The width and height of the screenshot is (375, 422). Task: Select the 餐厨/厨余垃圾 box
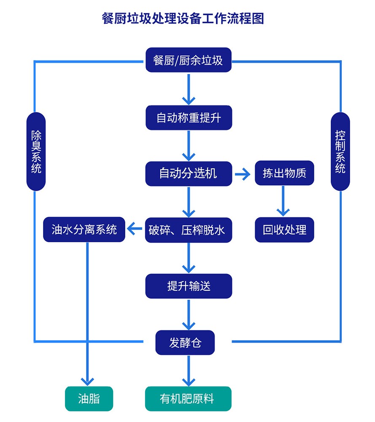188,60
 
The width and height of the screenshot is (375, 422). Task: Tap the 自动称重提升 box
189,117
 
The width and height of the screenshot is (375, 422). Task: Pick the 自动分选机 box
189,173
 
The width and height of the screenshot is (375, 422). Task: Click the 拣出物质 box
284,173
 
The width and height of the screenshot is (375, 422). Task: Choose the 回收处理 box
284,230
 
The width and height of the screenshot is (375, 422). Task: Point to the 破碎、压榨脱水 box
189,230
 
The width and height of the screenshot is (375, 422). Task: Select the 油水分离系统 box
84,230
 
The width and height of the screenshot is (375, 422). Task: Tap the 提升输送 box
189,286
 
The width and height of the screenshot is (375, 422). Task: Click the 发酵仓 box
185,342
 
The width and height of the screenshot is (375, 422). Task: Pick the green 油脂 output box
89,399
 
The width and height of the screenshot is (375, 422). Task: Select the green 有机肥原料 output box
188,399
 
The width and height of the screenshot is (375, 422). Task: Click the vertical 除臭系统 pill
36,151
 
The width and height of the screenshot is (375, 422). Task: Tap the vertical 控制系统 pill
340,151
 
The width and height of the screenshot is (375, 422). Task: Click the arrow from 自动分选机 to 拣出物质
243,174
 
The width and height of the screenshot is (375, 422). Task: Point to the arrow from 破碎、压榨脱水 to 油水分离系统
135,230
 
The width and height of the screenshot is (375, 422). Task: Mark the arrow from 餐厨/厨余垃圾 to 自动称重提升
189,89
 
